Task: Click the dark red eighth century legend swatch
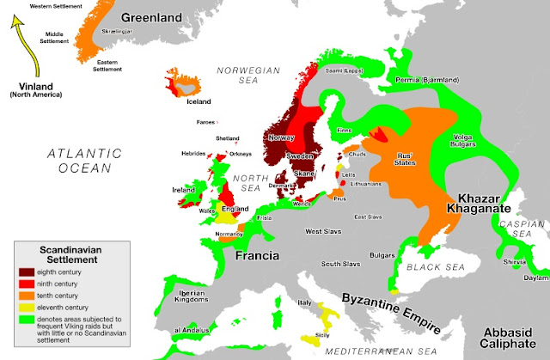pos(27,270)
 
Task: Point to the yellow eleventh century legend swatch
pos(27,306)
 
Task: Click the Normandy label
pos(228,234)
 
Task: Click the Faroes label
pos(205,123)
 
